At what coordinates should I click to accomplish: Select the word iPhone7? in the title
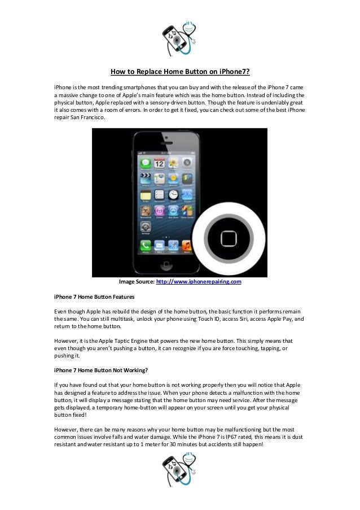coord(235,72)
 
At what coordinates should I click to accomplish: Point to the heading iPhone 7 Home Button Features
coord(94,296)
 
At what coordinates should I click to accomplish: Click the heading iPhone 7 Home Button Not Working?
coord(101,370)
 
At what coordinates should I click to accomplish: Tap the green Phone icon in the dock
coord(146,246)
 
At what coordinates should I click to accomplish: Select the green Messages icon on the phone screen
coord(146,163)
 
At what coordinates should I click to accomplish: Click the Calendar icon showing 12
coord(159,163)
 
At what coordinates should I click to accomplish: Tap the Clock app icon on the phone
coord(173,194)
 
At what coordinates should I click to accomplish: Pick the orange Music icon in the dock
coord(186,246)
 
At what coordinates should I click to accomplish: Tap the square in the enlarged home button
coord(229,239)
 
